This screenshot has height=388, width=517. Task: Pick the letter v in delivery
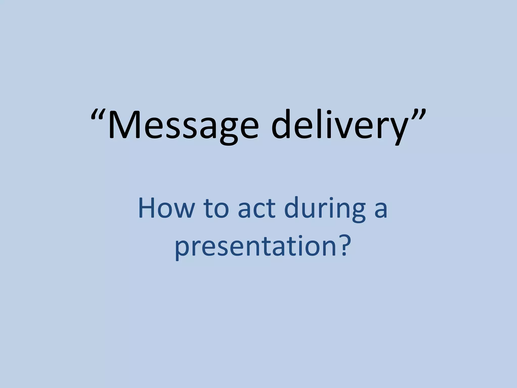click(x=335, y=129)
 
